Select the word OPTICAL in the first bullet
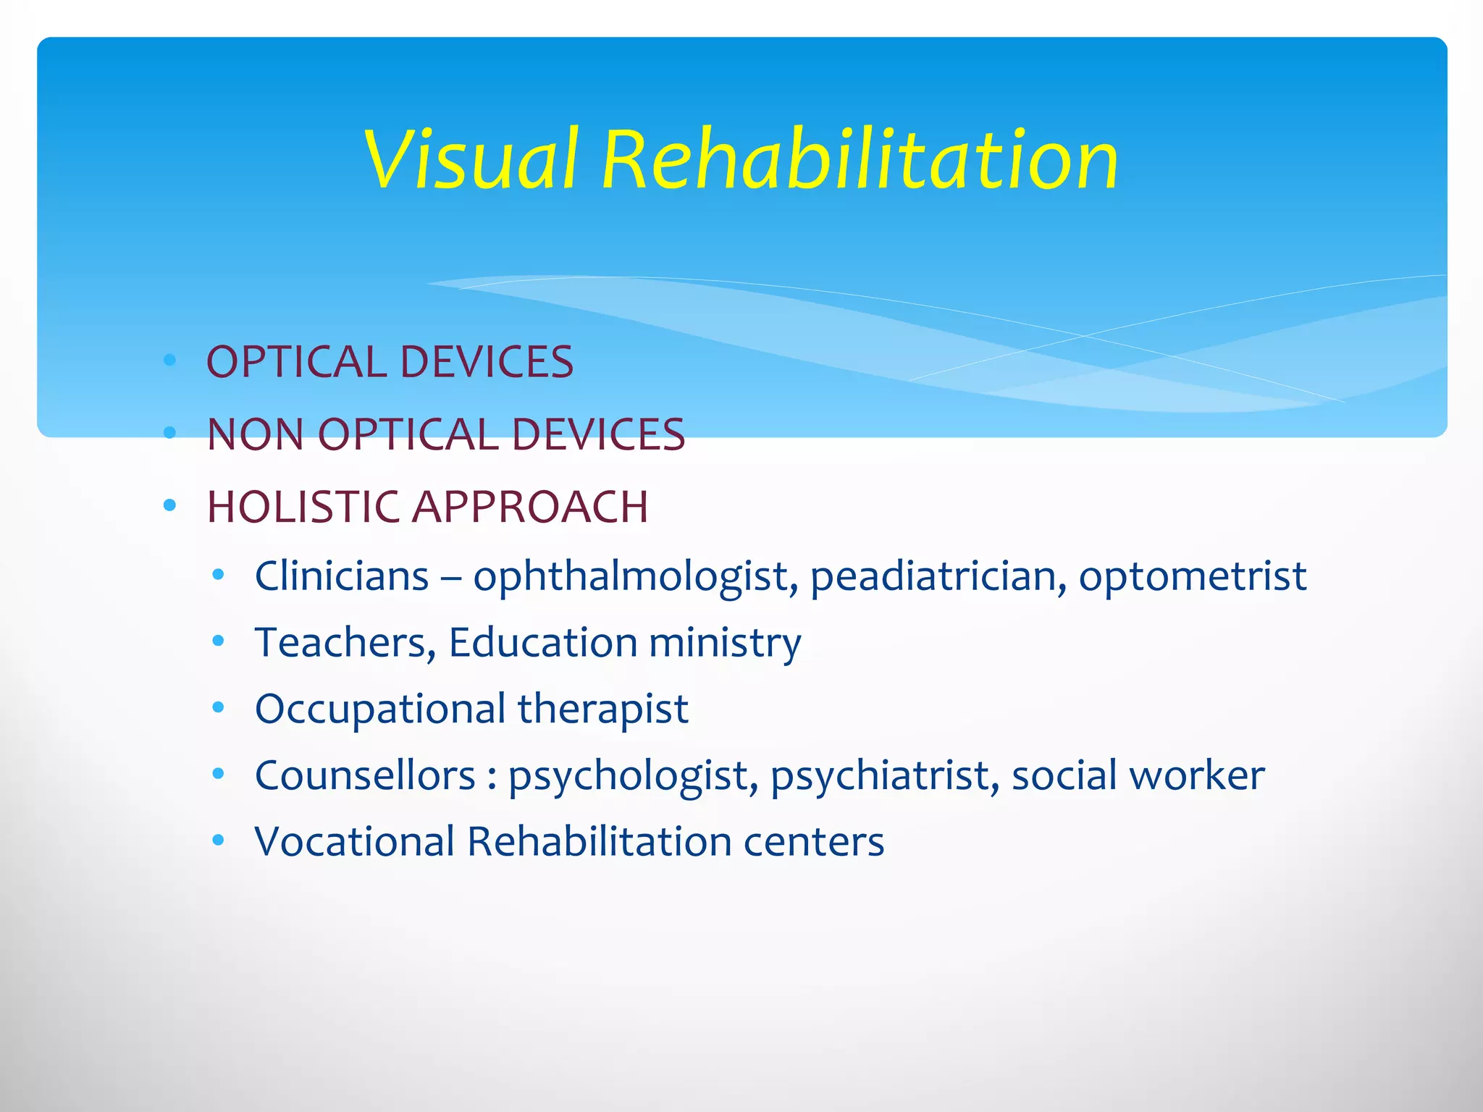[x=297, y=362]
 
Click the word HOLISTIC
[x=303, y=507]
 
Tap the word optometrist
[x=1193, y=577]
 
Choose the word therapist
[x=602, y=709]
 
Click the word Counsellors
[x=365, y=775]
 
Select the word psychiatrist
[x=885, y=776]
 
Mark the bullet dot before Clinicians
[x=219, y=575]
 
